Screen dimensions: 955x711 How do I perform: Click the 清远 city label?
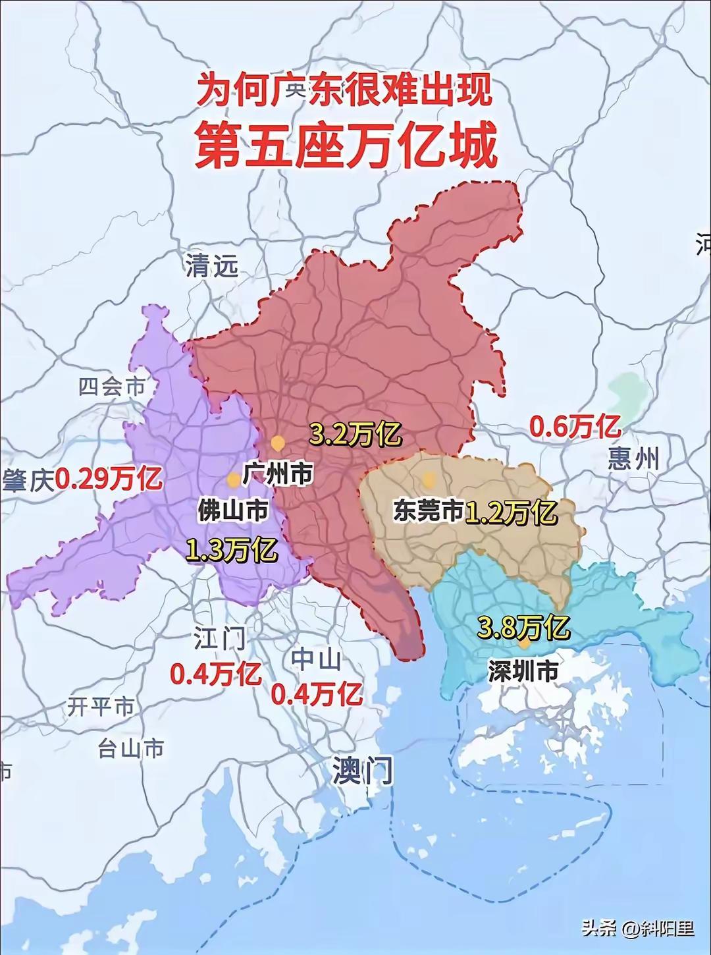(211, 265)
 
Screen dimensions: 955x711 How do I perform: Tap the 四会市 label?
(111, 387)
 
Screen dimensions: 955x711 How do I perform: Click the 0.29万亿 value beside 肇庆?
(109, 479)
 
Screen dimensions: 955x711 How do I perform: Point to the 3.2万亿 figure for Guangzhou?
(355, 435)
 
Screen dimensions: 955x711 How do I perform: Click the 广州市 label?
(277, 473)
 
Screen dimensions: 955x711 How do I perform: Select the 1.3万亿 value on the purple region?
(231, 549)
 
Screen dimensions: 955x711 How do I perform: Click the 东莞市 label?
(429, 511)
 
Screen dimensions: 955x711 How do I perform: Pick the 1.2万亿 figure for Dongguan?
(512, 511)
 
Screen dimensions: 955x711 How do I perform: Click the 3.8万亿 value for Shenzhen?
(523, 627)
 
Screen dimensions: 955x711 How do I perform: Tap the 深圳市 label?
(523, 670)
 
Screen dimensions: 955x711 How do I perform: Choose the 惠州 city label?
(633, 459)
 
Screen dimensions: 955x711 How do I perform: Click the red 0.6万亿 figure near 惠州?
(575, 427)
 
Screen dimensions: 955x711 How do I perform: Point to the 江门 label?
(220, 638)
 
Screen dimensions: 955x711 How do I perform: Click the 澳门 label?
(363, 770)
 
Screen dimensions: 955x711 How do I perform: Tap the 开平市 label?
(101, 707)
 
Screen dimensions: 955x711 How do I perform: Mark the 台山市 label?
(130, 748)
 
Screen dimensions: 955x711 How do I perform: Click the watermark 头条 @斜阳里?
(637, 929)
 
